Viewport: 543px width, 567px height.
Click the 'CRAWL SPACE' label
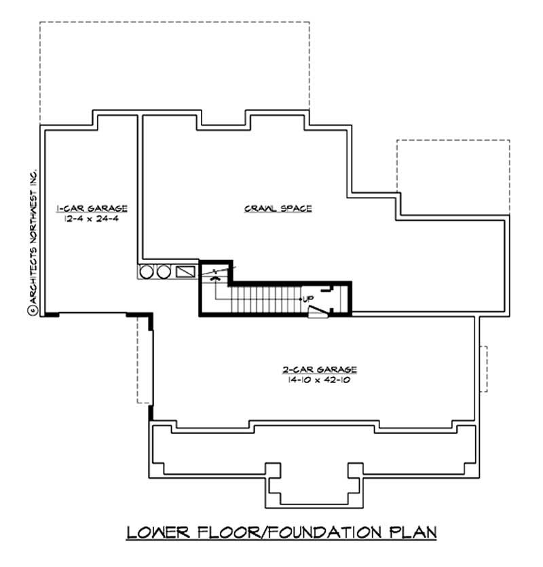click(278, 208)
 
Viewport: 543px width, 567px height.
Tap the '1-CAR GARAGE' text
click(92, 208)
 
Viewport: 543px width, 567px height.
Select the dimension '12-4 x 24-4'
click(92, 219)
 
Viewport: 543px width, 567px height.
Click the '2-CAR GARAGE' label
click(320, 369)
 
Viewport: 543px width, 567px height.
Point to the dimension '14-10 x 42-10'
click(320, 380)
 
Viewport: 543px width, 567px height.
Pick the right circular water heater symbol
click(163, 272)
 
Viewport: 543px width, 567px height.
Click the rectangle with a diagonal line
click(185, 272)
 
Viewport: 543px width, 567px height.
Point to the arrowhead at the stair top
click(216, 278)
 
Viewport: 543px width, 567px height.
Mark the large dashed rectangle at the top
click(174, 68)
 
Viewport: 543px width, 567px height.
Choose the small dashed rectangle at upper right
click(453, 173)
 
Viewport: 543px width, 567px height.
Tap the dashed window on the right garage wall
click(485, 369)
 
